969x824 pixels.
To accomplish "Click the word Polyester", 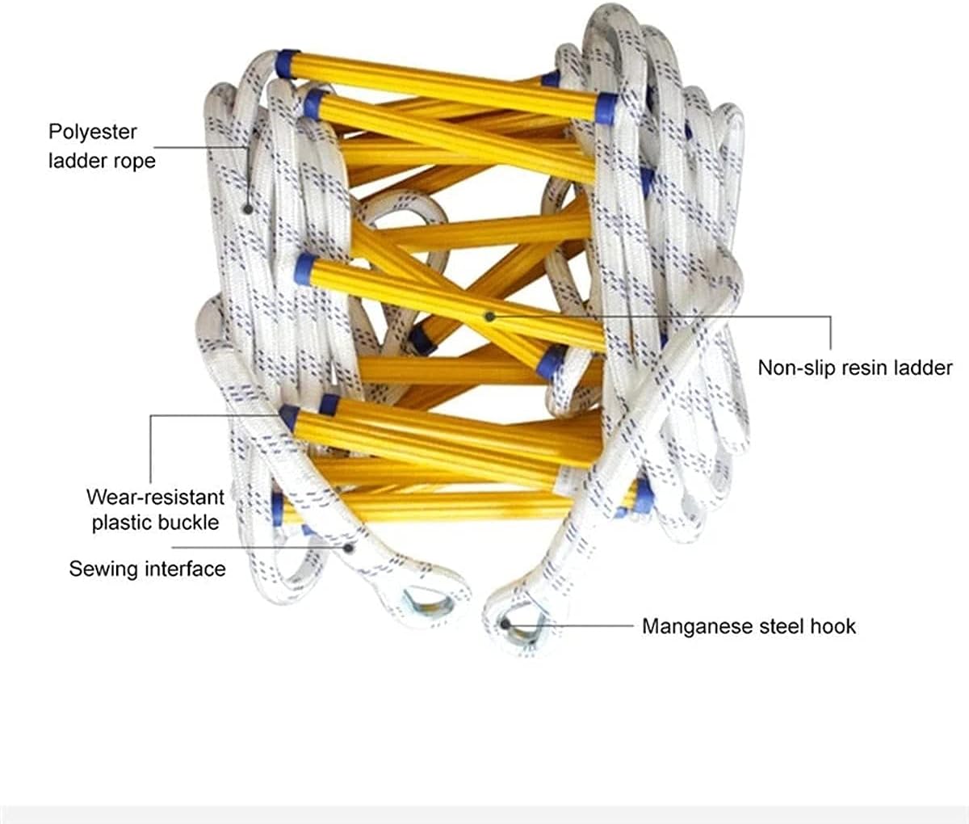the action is [x=93, y=132].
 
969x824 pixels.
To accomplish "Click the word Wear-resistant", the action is [x=155, y=495].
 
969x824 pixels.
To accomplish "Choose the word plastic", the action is [x=121, y=522].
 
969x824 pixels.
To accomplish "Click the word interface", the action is [x=184, y=569].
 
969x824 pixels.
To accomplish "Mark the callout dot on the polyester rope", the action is [x=248, y=208].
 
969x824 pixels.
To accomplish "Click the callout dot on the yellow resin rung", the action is [x=489, y=316].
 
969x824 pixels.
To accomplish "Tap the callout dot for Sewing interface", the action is [x=348, y=547].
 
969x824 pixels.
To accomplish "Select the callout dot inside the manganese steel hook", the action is [x=505, y=623].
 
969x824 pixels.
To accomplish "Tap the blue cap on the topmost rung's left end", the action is [x=287, y=63].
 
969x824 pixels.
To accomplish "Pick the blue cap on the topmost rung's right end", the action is [x=606, y=107].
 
